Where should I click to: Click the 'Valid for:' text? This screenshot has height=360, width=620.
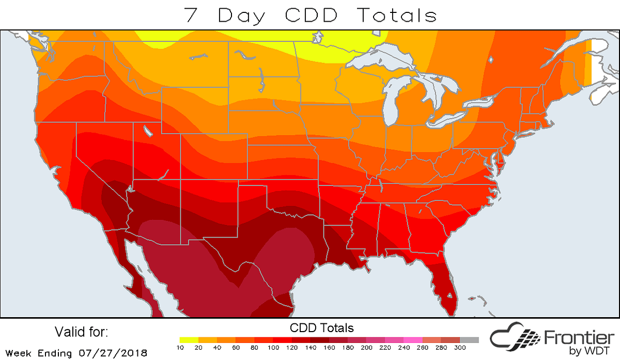tap(81, 331)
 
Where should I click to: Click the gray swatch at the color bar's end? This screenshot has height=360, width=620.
tap(470, 340)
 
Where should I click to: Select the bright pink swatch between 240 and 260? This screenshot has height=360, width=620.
tap(411, 340)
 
